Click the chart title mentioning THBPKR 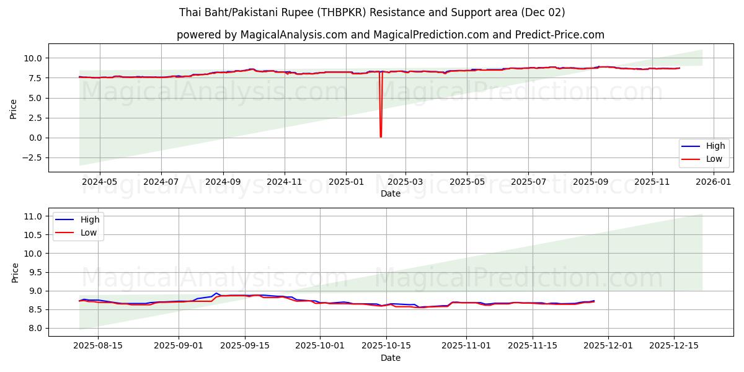tap(372, 12)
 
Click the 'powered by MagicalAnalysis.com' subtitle tap(391, 35)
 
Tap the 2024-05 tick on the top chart tap(99, 182)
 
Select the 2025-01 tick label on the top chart tap(345, 182)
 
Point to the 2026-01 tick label tap(714, 182)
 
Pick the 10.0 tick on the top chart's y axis tap(33, 58)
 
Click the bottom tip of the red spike tap(381, 136)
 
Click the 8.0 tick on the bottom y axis tap(35, 328)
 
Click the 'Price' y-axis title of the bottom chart tap(15, 272)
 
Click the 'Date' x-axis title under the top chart tap(391, 193)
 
